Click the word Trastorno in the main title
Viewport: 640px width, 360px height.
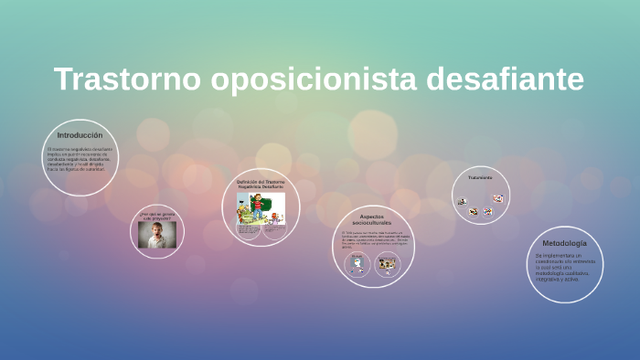(x=127, y=79)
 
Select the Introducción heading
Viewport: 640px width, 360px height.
(x=80, y=135)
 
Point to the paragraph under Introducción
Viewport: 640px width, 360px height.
(x=80, y=158)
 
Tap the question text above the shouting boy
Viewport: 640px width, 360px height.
(x=156, y=217)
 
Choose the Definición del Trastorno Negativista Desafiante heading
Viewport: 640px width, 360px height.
(x=261, y=184)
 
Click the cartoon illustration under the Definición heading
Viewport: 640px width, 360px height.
(x=261, y=207)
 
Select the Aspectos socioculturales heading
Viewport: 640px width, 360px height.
(x=372, y=219)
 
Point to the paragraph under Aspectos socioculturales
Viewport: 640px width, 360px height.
(x=372, y=239)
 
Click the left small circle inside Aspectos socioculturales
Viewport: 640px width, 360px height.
(x=357, y=265)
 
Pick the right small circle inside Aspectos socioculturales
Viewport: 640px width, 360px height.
(x=388, y=265)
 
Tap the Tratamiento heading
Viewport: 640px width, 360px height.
(x=480, y=177)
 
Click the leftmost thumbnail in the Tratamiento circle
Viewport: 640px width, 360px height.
(x=462, y=201)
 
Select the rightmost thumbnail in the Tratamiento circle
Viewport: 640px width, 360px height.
(x=498, y=198)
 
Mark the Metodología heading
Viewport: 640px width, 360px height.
(x=565, y=244)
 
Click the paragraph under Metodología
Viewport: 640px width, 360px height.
(x=565, y=269)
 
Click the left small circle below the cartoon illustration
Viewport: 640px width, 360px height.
(x=248, y=230)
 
